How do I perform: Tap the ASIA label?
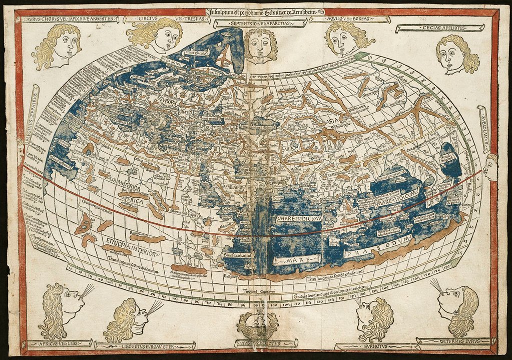click(x=331, y=121)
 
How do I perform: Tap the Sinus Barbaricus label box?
click(x=236, y=255)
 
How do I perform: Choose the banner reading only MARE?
click(x=296, y=259)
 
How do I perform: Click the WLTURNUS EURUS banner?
click(x=453, y=341)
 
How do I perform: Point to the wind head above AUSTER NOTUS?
click(x=257, y=324)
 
